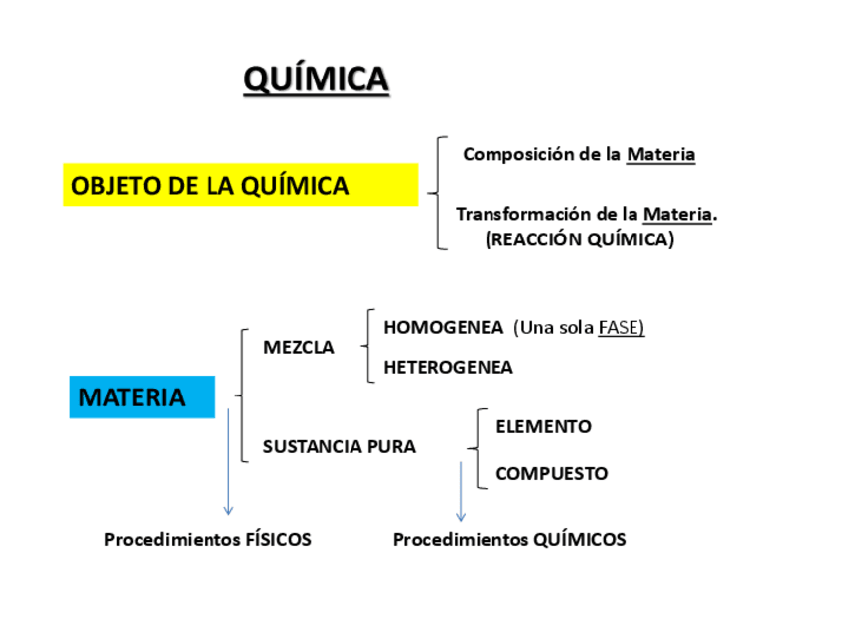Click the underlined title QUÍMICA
pos(317,79)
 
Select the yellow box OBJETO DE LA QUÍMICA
pos(240,186)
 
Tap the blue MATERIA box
pos(141,397)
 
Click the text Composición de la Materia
pos(579,155)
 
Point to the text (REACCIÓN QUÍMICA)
pos(580,239)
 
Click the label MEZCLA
pos(298,348)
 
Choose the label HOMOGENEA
pos(443,327)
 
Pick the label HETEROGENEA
pos(448,367)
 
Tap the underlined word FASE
pos(622,327)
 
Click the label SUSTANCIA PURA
pos(339,447)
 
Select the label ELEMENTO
pos(543,427)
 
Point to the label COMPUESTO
pos(551,474)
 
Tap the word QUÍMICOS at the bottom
pos(580,540)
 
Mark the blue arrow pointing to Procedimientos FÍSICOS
pos(229,462)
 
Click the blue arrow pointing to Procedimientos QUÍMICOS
pos(461,492)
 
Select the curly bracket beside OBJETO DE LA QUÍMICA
pos(438,193)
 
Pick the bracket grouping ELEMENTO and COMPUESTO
pos(480,449)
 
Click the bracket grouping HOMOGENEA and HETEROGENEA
pos(368,346)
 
